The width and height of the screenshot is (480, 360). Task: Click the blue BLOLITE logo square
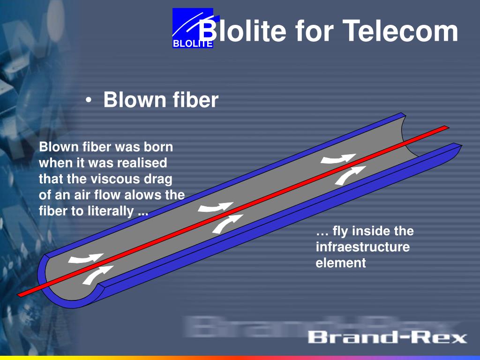point(193,28)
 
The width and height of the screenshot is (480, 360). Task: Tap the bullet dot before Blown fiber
point(89,100)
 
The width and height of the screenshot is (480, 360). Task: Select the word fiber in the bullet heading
point(195,99)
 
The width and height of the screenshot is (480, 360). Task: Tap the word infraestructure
point(363,247)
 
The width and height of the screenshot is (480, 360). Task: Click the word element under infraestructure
point(341,262)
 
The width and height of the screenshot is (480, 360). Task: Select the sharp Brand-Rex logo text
point(387,337)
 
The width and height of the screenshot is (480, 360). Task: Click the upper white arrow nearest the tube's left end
point(86,259)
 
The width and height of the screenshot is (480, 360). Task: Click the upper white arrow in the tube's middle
point(216,208)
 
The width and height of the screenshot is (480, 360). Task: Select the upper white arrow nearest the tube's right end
point(338,159)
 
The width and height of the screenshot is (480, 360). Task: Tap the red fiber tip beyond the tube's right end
point(448,127)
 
